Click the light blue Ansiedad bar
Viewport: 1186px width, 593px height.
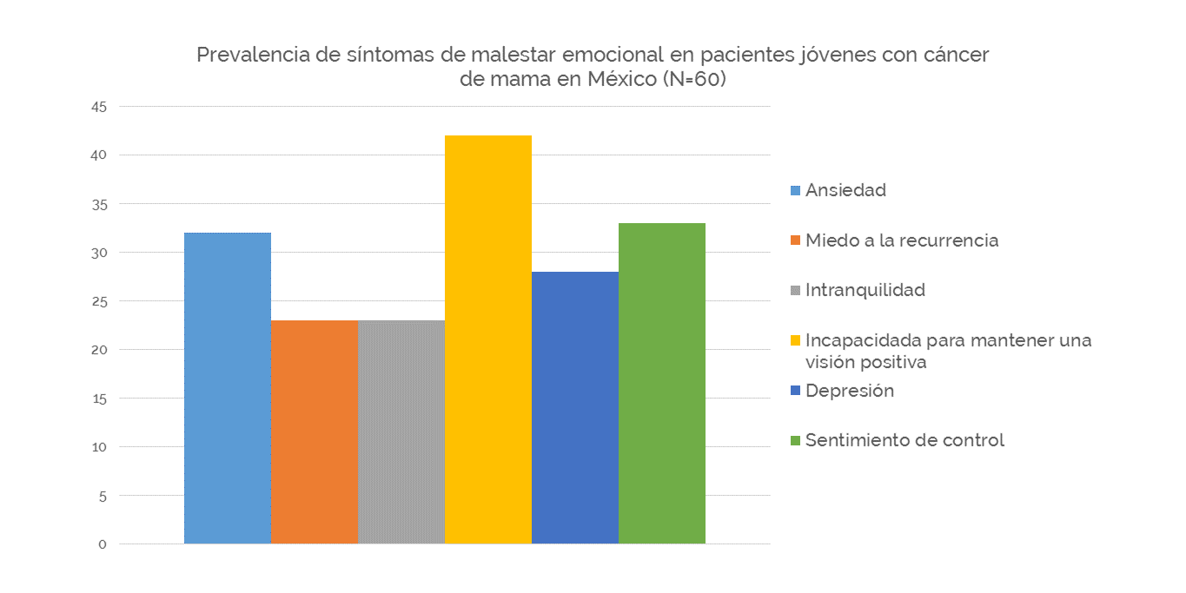[x=228, y=387]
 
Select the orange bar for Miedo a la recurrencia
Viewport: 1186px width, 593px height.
[x=315, y=432]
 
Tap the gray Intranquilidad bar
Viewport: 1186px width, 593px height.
[x=401, y=432]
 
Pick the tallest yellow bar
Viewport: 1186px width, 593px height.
[x=488, y=339]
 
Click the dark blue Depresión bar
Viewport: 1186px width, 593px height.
[x=575, y=407]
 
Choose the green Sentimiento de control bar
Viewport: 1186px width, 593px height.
[x=662, y=383]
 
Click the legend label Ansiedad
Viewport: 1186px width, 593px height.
[x=845, y=190]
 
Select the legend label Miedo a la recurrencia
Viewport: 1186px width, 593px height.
[x=902, y=240]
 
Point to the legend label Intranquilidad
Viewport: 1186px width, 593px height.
[x=865, y=290]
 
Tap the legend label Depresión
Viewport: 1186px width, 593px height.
[x=850, y=391]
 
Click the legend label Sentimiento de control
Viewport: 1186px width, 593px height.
[x=904, y=440]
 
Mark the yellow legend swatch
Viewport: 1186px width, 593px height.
[x=795, y=340]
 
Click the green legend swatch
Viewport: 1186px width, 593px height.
[x=795, y=441]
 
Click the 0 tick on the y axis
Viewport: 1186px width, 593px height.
[x=102, y=544]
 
